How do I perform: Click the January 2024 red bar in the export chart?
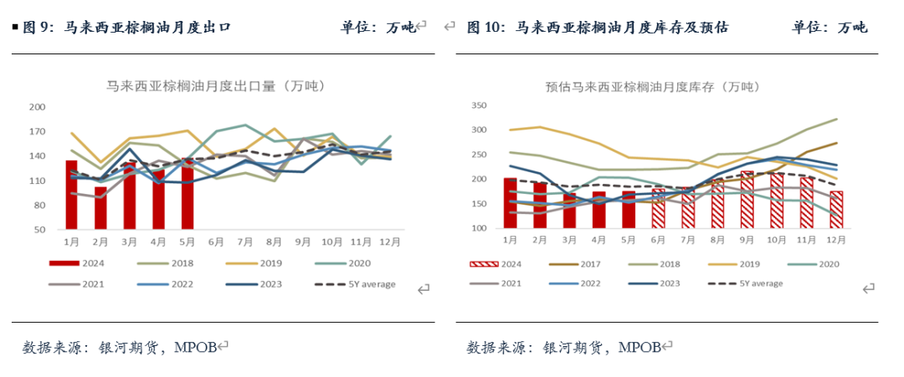point(72,194)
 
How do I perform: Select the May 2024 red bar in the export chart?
point(187,194)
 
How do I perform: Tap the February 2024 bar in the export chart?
point(100,208)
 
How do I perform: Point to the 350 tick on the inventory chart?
point(478,105)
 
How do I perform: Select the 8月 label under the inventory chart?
point(717,240)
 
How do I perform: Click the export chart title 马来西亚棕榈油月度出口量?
point(215,85)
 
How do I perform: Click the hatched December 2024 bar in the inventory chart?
point(835,210)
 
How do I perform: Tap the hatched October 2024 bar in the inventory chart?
point(777,201)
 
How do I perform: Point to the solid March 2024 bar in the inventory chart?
point(569,210)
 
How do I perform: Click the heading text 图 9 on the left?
point(39,28)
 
